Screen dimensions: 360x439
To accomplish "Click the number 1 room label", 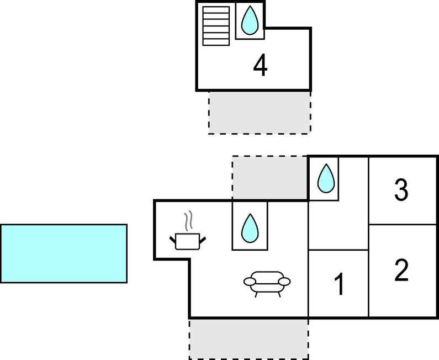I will pyautogui.click(x=340, y=285).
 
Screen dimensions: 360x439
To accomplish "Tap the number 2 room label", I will pyautogui.click(x=401, y=271).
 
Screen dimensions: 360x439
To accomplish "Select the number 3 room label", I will pyautogui.click(x=401, y=190).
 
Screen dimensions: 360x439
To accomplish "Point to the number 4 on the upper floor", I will pyautogui.click(x=260, y=66).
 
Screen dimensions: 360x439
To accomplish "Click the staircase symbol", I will pyautogui.click(x=215, y=25).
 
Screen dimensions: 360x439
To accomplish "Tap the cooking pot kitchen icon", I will pyautogui.click(x=187, y=241).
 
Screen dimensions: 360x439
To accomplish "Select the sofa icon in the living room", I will pyautogui.click(x=267, y=281).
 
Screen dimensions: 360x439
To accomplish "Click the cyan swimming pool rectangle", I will pyautogui.click(x=64, y=253).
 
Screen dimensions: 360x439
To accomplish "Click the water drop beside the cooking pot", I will pyautogui.click(x=250, y=227).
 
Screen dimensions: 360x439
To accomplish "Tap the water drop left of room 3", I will pyautogui.click(x=326, y=178).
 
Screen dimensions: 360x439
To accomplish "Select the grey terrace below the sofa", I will pyautogui.click(x=248, y=338).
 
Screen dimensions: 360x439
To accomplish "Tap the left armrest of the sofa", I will pyautogui.click(x=250, y=282).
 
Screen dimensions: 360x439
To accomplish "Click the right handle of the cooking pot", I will pyautogui.click(x=203, y=239).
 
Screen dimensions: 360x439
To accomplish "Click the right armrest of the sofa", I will pyautogui.click(x=284, y=282).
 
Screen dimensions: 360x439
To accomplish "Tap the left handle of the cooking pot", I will pyautogui.click(x=172, y=239).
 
